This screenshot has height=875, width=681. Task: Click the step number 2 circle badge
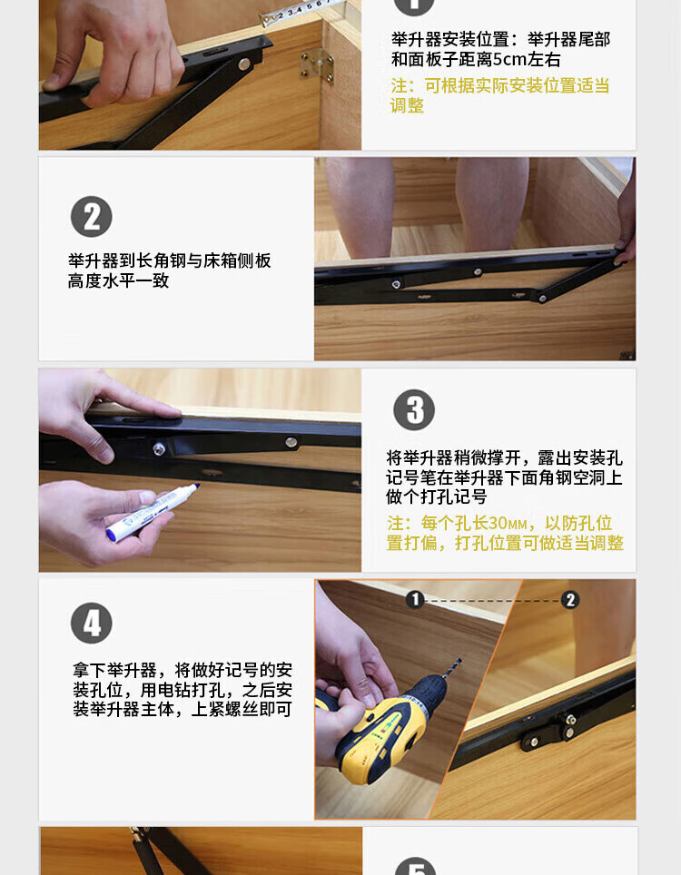click(92, 217)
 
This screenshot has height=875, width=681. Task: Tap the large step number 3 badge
click(414, 409)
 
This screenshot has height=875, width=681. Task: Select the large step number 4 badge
click(92, 623)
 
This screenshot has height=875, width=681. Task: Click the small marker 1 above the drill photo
click(415, 600)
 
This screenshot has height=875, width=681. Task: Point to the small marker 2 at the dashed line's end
click(570, 600)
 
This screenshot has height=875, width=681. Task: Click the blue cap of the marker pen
click(113, 534)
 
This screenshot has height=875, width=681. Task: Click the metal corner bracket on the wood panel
click(317, 65)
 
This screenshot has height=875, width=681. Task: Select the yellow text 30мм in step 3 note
click(507, 524)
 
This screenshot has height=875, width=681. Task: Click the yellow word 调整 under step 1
click(407, 106)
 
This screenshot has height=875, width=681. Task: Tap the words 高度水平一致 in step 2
click(118, 280)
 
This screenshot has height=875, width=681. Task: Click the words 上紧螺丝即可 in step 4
click(242, 709)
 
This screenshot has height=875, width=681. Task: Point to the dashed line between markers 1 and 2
click(492, 601)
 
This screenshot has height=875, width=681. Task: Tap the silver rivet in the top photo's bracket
click(243, 64)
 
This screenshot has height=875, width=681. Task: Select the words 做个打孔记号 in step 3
click(437, 496)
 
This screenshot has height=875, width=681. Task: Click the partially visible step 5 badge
click(415, 866)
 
